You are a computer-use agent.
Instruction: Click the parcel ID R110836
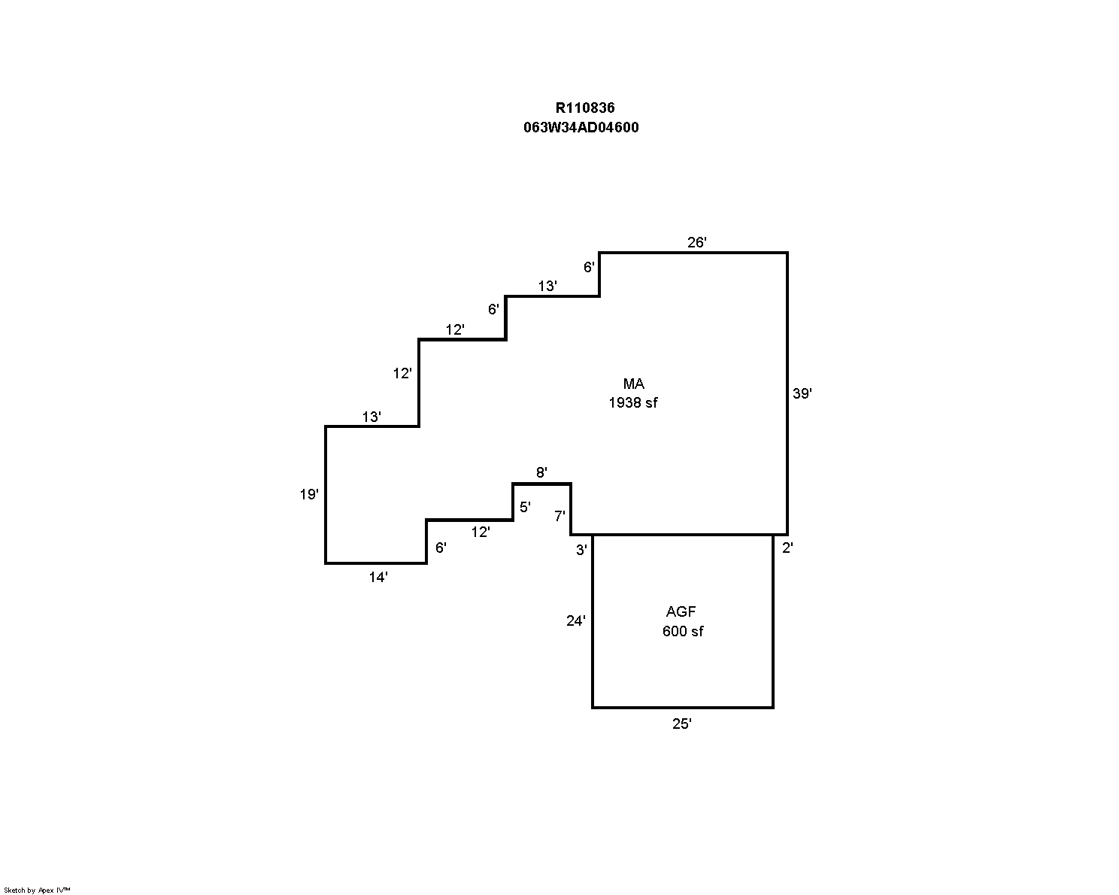585,108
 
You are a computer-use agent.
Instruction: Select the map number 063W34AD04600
581,127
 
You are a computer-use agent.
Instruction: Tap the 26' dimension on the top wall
697,242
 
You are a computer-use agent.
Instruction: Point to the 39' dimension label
802,393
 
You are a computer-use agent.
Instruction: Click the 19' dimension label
309,494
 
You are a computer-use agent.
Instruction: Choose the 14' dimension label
378,578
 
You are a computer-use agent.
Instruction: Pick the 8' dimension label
541,472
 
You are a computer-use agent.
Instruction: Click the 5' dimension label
525,507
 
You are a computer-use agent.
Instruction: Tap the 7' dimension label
559,516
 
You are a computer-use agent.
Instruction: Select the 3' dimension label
581,550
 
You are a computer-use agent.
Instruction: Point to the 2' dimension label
787,548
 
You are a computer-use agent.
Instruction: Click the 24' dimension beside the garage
575,621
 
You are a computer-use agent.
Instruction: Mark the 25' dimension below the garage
681,724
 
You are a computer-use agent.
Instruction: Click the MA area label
633,384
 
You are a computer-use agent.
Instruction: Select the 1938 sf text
632,403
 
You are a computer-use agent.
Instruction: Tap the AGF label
681,611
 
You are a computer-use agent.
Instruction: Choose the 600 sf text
683,631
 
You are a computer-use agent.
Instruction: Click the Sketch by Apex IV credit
37,890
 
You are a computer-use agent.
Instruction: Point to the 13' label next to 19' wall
371,417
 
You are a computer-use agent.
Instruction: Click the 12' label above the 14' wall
481,532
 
